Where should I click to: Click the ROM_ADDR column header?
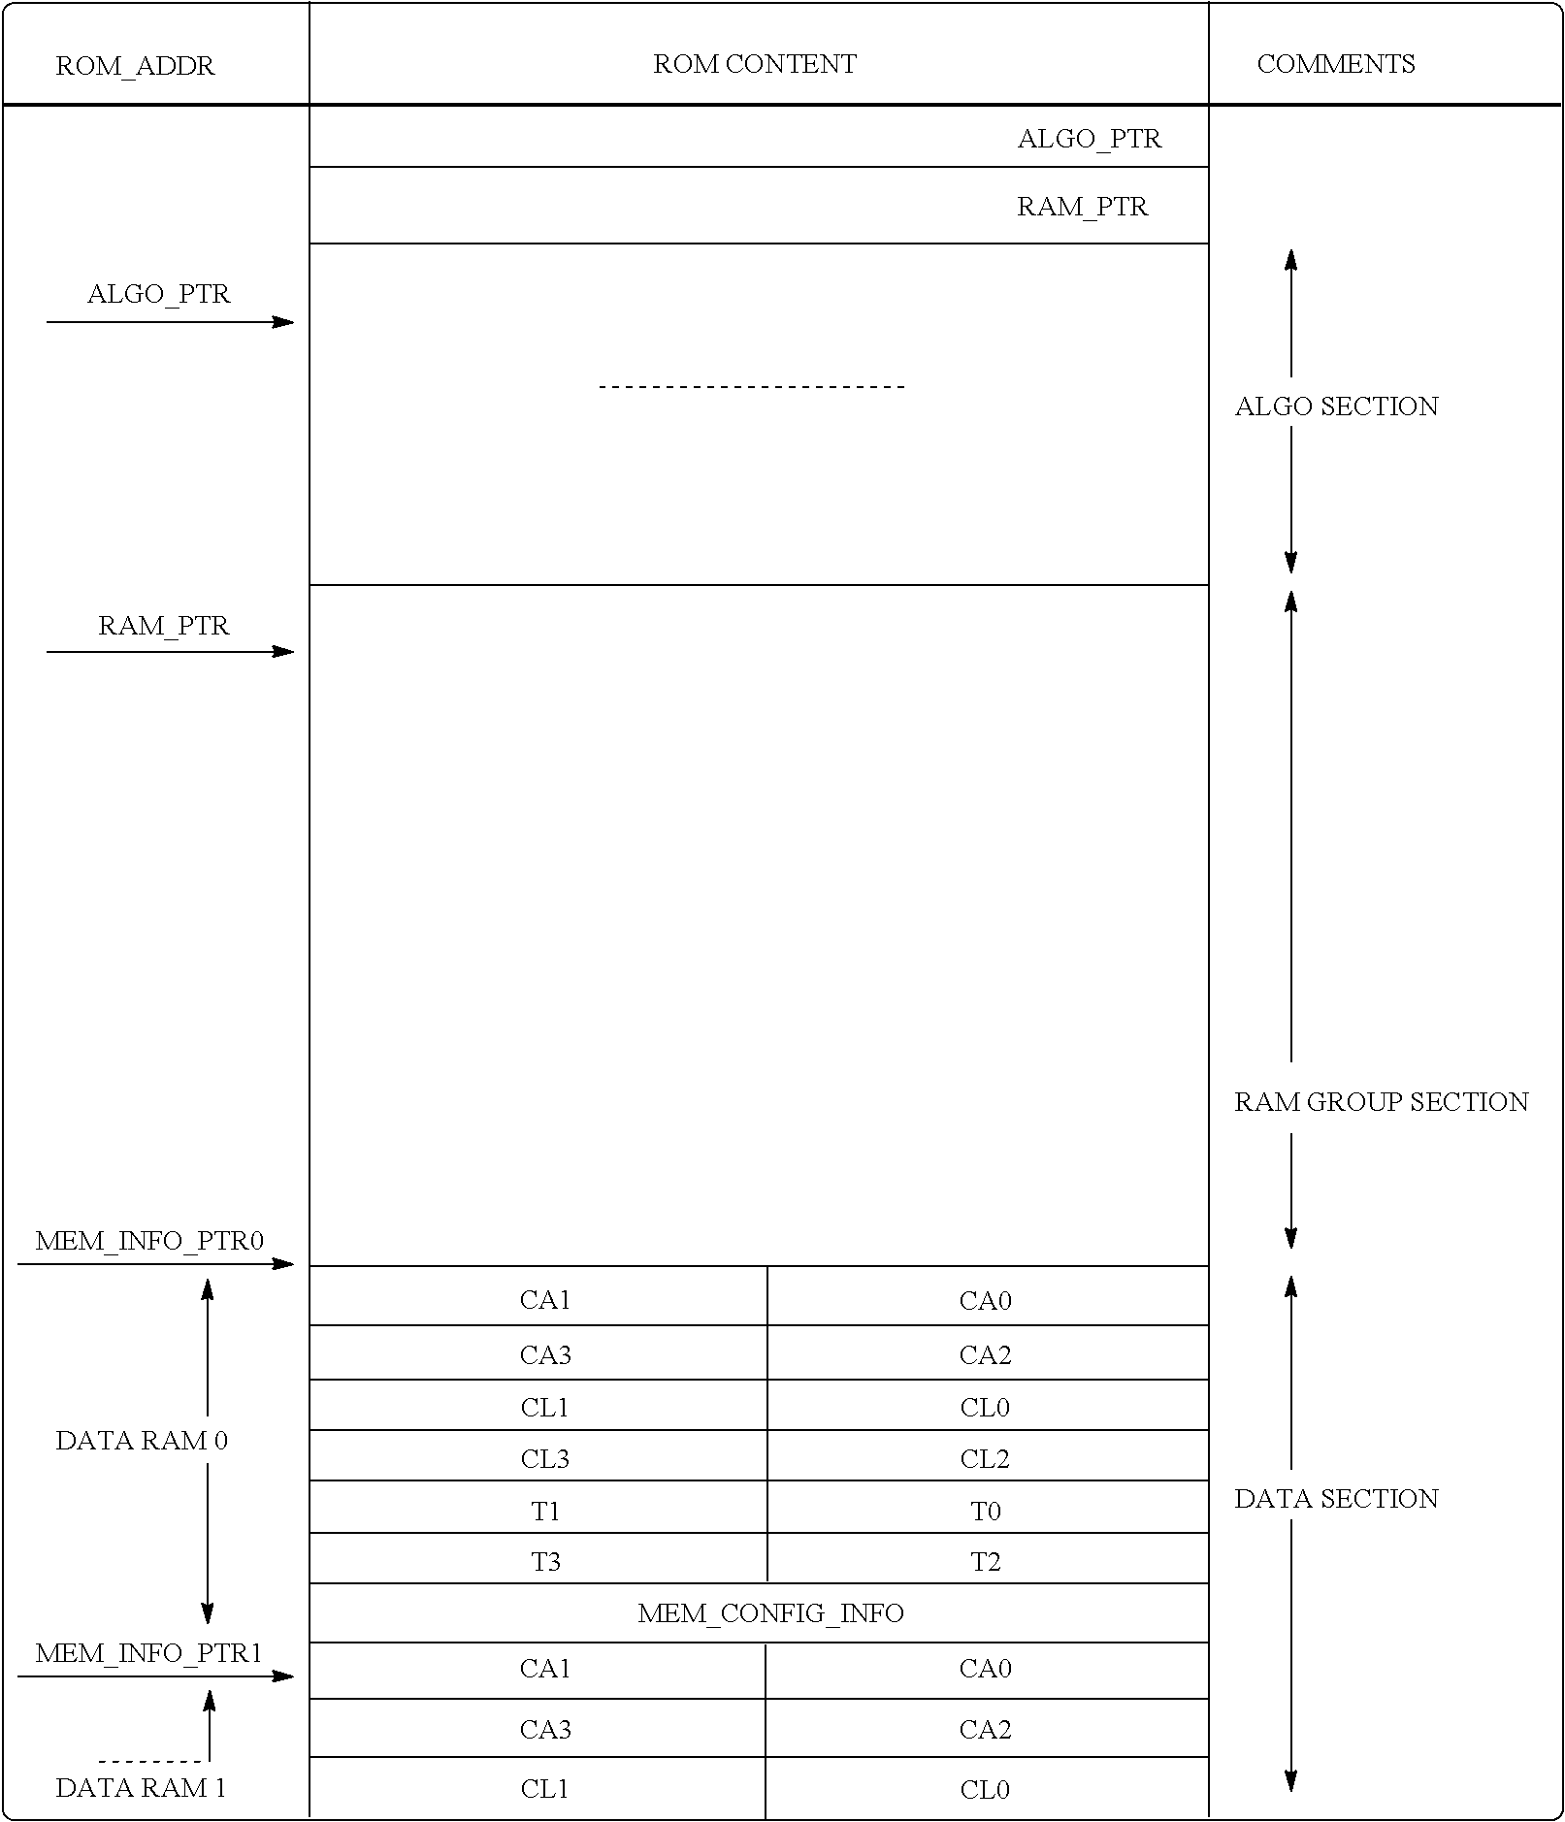pyautogui.click(x=135, y=66)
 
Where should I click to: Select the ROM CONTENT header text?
pyautogui.click(x=755, y=64)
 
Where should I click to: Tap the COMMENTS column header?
pyautogui.click(x=1335, y=64)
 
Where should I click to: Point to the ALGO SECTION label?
pyautogui.click(x=1336, y=407)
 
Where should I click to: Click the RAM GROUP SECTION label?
pyautogui.click(x=1381, y=1102)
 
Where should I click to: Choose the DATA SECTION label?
pyautogui.click(x=1336, y=1499)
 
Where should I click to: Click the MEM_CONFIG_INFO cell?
pyautogui.click(x=770, y=1613)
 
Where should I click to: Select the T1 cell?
pyautogui.click(x=545, y=1511)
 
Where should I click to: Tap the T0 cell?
pyautogui.click(x=985, y=1511)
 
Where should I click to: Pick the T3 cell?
pyautogui.click(x=545, y=1562)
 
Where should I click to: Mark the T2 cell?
pyautogui.click(x=985, y=1562)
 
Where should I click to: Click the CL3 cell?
pyautogui.click(x=545, y=1459)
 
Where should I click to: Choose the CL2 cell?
pyautogui.click(x=985, y=1459)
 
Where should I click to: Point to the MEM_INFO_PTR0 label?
pyautogui.click(x=149, y=1242)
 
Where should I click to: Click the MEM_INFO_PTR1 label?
pyautogui.click(x=149, y=1653)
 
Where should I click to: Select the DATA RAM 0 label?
pyautogui.click(x=142, y=1441)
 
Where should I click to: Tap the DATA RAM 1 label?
pyautogui.click(x=142, y=1788)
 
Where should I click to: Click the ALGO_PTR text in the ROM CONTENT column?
pyautogui.click(x=1089, y=139)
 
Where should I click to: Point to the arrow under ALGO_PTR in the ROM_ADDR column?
pyautogui.click(x=170, y=322)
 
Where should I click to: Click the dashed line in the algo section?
pyautogui.click(x=752, y=387)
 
